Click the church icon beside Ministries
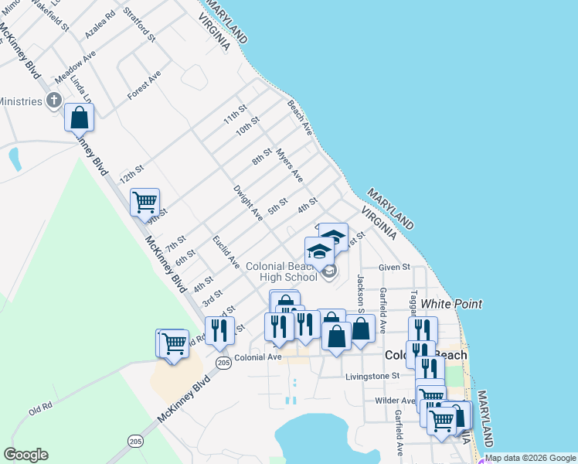pos(54,100)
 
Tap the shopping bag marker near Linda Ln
pos(79,118)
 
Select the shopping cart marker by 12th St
pos(144,203)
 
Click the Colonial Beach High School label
pos(281,271)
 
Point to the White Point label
pos(451,304)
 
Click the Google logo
pos(25,455)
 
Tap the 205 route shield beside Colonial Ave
pos(224,363)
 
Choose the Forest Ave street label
pos(144,85)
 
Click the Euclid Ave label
pos(227,253)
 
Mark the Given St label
pos(393,268)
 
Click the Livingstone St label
pos(373,376)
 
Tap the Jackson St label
pos(360,291)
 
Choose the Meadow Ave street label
pos(74,69)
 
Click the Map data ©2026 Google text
pos(530,458)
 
